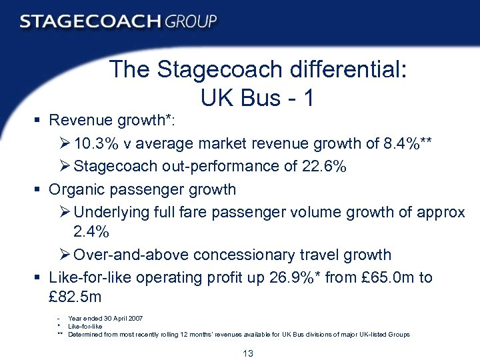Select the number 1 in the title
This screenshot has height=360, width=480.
pyautogui.click(x=307, y=98)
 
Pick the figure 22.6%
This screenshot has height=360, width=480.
pyautogui.click(x=324, y=166)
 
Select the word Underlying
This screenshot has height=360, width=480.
pyautogui.click(x=113, y=212)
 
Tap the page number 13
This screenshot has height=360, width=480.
pyautogui.click(x=248, y=353)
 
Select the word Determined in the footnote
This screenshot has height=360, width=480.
pyautogui.click(x=83, y=334)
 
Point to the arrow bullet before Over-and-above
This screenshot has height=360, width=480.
pyautogui.click(x=65, y=255)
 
